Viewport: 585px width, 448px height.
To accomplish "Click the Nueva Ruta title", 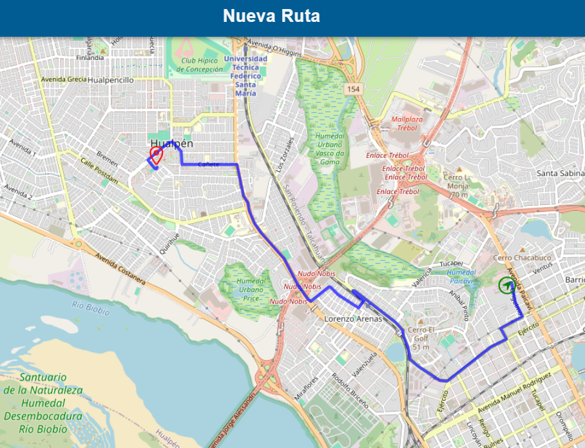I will [271, 16].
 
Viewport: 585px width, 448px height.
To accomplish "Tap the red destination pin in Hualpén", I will [155, 154].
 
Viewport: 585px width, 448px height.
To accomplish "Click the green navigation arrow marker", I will [506, 285].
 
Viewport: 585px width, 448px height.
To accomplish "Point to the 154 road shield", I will [352, 88].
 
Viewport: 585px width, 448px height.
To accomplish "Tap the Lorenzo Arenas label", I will [353, 318].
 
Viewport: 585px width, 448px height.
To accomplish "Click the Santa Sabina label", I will [560, 173].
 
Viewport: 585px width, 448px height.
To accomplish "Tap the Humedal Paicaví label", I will [461, 277].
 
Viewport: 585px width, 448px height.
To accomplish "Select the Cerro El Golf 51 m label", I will [421, 339].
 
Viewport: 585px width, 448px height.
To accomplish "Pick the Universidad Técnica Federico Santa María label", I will [245, 76].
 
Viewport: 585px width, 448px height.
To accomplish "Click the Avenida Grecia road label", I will [64, 80].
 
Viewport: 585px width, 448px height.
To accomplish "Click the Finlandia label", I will [90, 57].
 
